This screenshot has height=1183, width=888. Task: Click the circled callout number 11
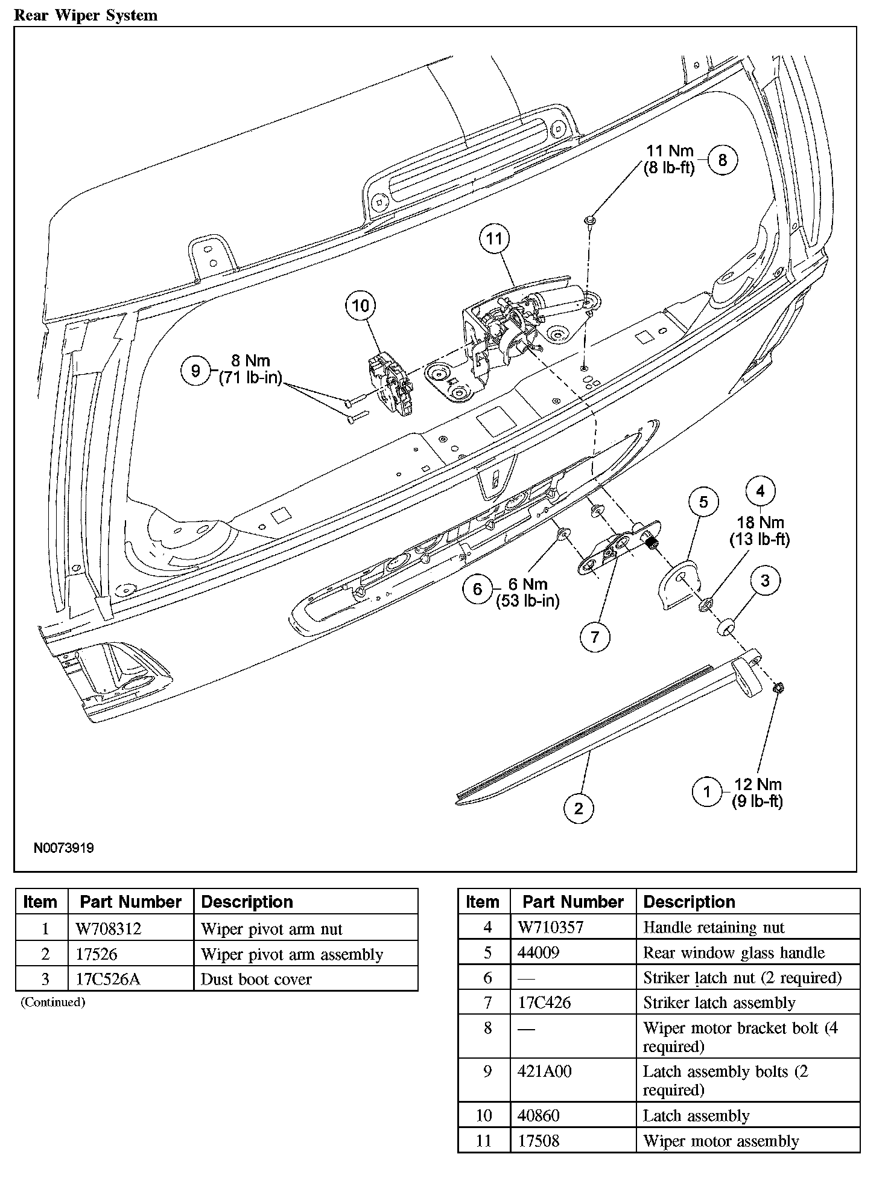494,238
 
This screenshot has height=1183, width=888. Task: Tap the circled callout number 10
360,305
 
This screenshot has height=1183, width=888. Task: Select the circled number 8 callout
722,160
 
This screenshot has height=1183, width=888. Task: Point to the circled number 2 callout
579,808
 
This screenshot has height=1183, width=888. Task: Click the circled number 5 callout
703,502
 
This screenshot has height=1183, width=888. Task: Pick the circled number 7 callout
595,637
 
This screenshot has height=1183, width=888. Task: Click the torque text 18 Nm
760,522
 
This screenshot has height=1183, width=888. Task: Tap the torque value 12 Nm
758,784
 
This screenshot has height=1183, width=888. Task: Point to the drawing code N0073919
64,848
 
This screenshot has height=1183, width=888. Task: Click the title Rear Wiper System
85,15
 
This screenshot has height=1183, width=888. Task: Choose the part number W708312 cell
109,929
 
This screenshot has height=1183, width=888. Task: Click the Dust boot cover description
256,979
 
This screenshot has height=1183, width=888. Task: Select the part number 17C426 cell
544,1003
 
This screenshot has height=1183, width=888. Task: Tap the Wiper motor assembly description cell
721,1141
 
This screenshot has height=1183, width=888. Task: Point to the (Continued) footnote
53,1003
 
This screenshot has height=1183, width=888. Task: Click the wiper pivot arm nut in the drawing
778,687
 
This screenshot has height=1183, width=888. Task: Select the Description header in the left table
247,902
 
